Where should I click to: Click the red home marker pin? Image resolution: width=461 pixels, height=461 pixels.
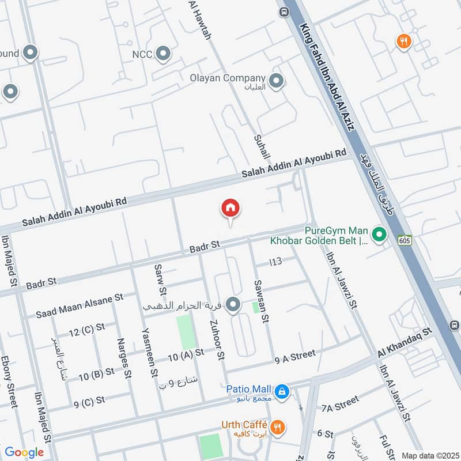(231, 209)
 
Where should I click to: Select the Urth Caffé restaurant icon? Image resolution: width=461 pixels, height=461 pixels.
(278, 427)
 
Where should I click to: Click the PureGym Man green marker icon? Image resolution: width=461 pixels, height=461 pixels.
(379, 234)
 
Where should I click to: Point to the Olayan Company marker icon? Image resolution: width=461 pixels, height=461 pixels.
(277, 81)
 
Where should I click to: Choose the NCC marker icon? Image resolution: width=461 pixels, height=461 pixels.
(164, 54)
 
